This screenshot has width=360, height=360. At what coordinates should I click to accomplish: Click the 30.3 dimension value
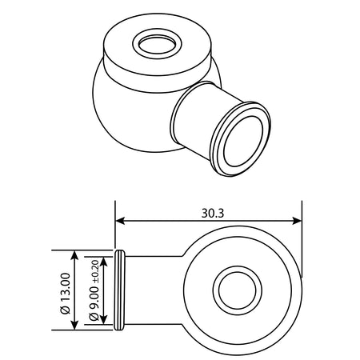213,213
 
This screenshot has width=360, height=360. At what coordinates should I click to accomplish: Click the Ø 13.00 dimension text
66,294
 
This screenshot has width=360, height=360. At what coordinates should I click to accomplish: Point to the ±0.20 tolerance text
96,272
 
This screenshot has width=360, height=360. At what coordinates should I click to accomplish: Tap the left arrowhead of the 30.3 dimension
120,221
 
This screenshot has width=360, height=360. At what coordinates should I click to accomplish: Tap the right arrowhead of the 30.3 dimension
297,221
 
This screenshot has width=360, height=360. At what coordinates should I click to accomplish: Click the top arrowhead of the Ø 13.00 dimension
75,255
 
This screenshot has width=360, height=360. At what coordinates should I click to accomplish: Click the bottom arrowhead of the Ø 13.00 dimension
75,325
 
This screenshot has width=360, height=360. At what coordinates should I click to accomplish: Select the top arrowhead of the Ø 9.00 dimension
104,262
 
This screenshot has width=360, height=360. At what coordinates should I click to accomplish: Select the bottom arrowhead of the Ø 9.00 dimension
104,320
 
